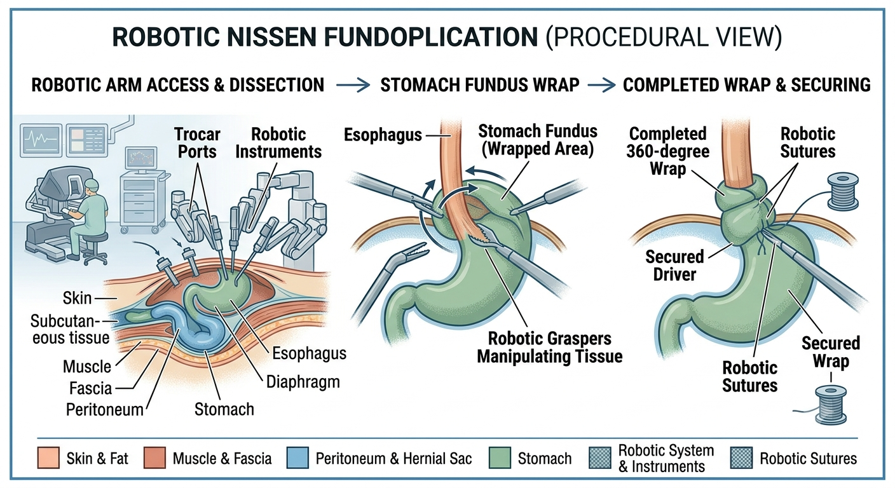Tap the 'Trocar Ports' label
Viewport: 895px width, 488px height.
197,143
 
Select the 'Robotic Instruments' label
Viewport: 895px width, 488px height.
278,143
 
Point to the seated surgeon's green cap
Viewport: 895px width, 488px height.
93,184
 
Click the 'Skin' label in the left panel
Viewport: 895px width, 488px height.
77,298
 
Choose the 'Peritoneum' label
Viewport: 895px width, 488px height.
105,410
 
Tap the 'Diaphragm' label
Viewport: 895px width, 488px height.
303,382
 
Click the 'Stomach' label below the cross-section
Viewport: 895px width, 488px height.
224,409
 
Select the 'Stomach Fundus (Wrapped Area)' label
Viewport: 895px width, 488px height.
538,140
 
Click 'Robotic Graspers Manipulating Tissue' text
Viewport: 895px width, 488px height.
550,348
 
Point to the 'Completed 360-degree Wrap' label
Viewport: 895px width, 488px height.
668,151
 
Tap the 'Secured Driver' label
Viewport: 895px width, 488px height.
675,265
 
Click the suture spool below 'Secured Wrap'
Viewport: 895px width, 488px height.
831,404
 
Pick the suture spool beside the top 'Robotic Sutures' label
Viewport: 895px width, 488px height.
843,191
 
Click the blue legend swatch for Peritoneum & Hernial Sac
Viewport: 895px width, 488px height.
297,457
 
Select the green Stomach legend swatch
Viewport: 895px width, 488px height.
500,457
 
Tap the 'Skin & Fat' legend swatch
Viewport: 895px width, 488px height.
48,457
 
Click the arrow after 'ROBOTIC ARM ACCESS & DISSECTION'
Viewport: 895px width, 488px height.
353,85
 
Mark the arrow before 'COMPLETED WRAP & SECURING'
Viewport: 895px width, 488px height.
601,85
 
